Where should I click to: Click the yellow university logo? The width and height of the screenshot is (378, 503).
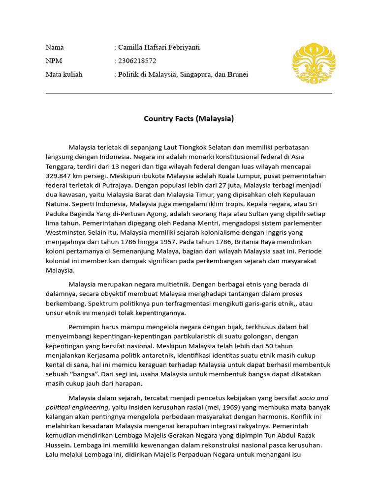coord(314,63)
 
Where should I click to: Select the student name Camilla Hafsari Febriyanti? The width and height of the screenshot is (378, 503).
coord(159,48)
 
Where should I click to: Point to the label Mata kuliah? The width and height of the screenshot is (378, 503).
coord(64,75)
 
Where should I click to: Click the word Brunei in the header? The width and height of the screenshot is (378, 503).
coord(237,75)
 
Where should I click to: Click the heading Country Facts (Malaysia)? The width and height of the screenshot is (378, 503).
coord(189,118)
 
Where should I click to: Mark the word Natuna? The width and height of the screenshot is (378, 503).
coord(57,204)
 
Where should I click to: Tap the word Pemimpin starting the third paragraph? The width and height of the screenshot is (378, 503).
coord(85,327)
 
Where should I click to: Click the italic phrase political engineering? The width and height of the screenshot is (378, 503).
coord(76,408)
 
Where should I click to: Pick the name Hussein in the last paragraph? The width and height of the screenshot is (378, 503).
coord(59,445)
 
